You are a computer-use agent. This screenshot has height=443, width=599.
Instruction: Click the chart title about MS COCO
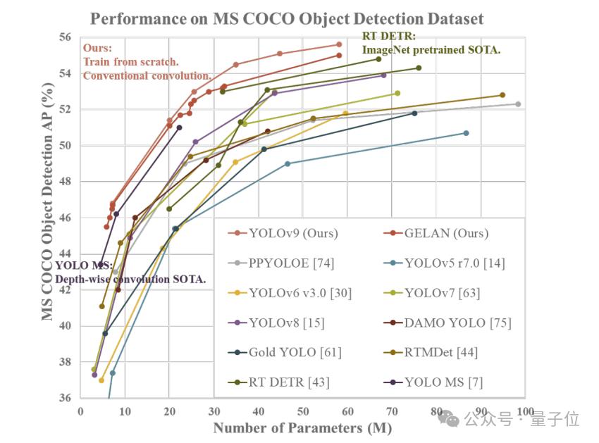pyautogui.click(x=288, y=18)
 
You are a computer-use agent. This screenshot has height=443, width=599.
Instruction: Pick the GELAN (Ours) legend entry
pyautogui.click(x=446, y=233)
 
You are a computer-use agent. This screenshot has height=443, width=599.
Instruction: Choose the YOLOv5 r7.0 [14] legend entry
pyautogui.click(x=455, y=263)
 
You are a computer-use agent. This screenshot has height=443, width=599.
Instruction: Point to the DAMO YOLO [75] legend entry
pyautogui.click(x=457, y=323)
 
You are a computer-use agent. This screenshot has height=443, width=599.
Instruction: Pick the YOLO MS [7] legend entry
pyautogui.click(x=444, y=382)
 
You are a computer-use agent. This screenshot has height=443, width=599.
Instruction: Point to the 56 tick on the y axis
pyautogui.click(x=65, y=37)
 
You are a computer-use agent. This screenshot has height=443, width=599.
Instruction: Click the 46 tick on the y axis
pyautogui.click(x=65, y=218)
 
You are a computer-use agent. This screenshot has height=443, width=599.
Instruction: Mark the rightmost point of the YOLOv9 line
pyautogui.click(x=339, y=44)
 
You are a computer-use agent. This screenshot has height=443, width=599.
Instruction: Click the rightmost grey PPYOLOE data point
pyautogui.click(x=518, y=104)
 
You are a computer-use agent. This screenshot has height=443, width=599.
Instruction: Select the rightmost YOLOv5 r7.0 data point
pyautogui.click(x=466, y=133)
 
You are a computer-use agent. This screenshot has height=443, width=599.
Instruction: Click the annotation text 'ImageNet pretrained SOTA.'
pyautogui.click(x=431, y=49)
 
